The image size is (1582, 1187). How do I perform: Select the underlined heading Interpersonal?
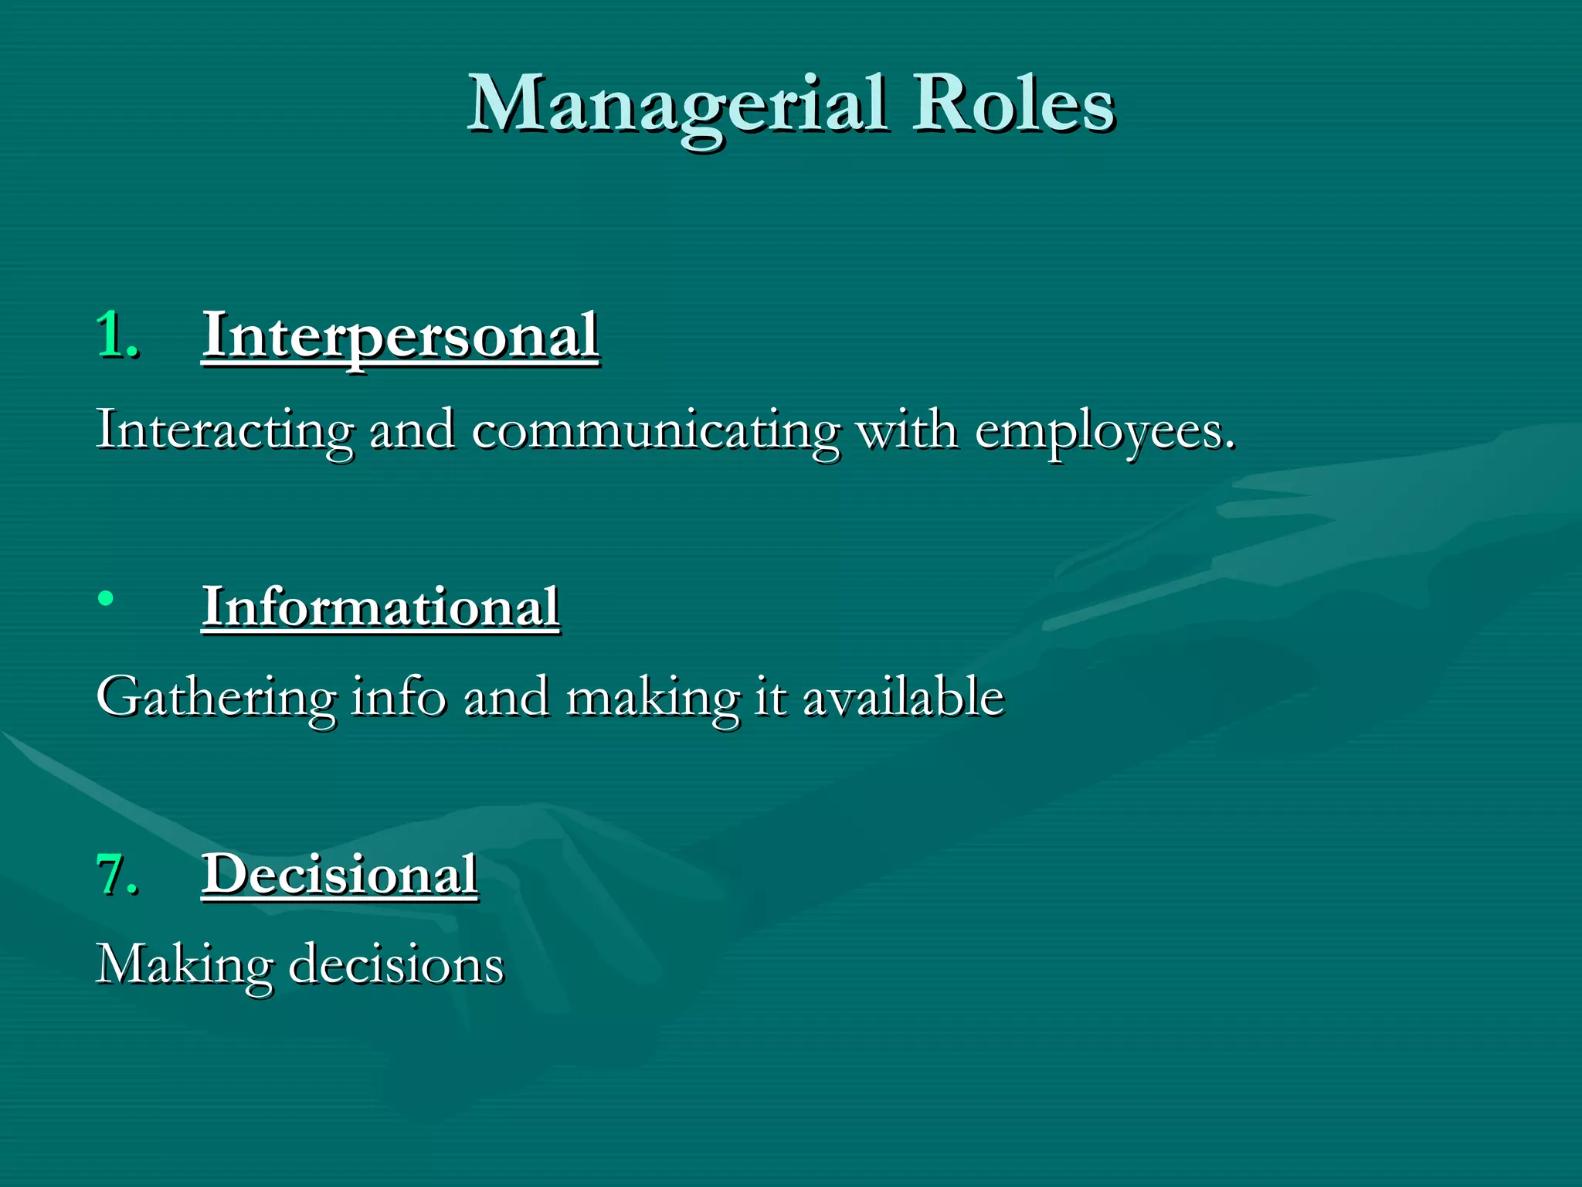click(400, 335)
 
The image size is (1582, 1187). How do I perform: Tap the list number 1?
click(117, 335)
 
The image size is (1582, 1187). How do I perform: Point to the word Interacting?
click(225, 430)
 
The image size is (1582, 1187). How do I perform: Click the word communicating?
click(655, 430)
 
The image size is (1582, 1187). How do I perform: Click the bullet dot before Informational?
click(107, 598)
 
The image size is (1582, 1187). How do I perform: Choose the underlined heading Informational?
click(380, 607)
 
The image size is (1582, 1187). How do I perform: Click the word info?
click(399, 696)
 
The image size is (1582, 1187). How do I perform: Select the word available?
click(903, 696)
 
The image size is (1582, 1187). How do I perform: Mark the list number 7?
click(117, 875)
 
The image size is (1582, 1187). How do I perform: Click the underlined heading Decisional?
click(339, 875)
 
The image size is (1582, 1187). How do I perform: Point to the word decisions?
click(396, 964)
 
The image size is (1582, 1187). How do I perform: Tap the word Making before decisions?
click(185, 966)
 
